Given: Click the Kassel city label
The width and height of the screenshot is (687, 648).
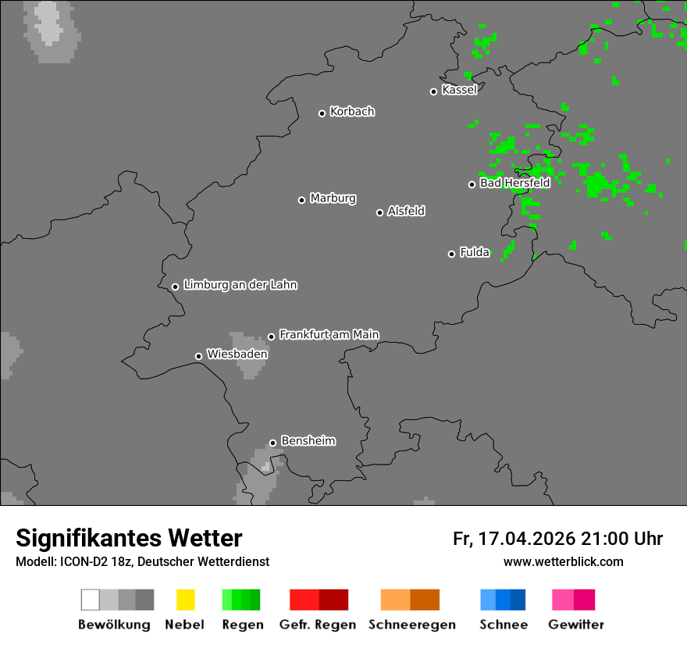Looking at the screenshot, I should tap(459, 90).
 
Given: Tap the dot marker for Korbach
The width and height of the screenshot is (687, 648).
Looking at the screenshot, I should tap(322, 113).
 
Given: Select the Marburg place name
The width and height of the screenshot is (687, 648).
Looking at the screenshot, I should tap(333, 198).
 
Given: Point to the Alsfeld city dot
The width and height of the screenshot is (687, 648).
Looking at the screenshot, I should tap(379, 212).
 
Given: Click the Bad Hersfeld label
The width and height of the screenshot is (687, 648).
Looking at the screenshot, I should tap(514, 183).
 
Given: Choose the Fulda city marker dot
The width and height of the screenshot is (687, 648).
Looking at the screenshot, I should tap(451, 254).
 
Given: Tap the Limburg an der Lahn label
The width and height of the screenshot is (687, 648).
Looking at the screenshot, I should tap(240, 285).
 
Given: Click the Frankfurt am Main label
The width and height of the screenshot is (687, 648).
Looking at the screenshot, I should tap(329, 335).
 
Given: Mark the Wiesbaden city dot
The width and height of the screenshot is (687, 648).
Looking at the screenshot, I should tap(198, 356).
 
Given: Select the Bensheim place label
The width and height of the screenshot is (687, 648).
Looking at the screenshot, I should tap(308, 441).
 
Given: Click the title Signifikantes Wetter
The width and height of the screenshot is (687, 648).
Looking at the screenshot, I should tap(129, 539).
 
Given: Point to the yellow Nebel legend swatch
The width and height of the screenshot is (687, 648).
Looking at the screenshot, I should tap(185, 600).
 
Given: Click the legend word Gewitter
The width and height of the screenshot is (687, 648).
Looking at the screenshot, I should tap(576, 625).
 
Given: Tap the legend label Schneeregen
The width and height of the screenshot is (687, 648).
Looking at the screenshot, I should tap(412, 625).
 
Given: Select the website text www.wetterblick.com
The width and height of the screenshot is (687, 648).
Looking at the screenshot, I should tap(563, 561).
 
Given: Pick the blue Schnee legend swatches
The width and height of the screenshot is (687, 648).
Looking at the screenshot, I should tap(503, 600).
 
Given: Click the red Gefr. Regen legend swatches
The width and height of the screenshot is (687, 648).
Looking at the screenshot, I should tap(319, 600).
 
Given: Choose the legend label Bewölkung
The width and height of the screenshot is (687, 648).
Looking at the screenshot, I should tap(114, 625).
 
